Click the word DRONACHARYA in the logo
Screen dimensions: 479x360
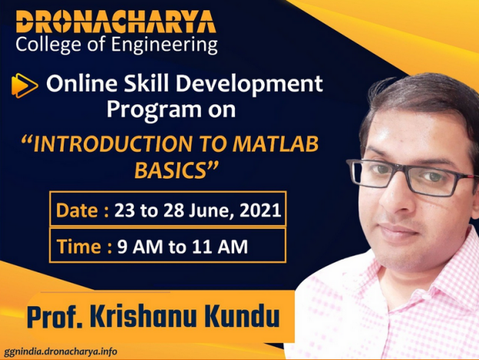point(116,21)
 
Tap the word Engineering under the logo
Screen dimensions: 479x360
point(164,45)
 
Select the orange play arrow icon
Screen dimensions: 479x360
point(25,85)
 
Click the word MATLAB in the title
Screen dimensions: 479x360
point(276,144)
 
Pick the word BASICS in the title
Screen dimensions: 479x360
point(170,170)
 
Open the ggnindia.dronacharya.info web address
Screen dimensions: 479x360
point(61,352)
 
